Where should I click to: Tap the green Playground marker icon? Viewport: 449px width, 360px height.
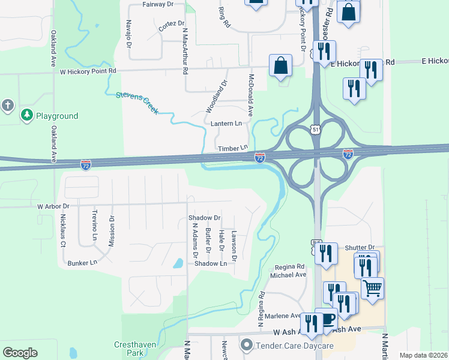(26, 115)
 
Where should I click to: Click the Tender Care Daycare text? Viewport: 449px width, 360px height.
(294, 346)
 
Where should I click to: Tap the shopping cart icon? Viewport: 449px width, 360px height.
(372, 289)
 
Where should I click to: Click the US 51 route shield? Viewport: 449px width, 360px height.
(316, 129)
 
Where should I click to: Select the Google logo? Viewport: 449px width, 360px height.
(20, 353)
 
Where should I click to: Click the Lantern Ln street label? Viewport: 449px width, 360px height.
(226, 123)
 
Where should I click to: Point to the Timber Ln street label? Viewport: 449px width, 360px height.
(233, 148)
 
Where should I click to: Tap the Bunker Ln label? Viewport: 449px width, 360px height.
(82, 263)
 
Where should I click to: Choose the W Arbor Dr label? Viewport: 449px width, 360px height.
(53, 206)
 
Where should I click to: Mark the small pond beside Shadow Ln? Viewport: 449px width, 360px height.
(178, 263)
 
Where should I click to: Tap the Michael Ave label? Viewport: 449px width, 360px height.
(288, 275)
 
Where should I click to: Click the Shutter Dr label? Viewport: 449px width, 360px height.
(360, 247)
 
